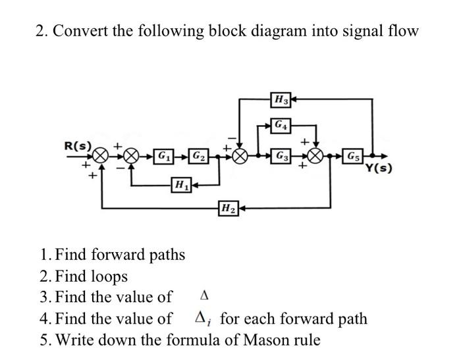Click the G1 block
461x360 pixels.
pyautogui.click(x=161, y=157)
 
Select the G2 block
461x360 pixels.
pyautogui.click(x=197, y=157)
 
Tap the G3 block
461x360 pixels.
pyautogui.click(x=282, y=157)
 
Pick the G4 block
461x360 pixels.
pyautogui.click(x=281, y=124)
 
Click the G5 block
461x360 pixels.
pyautogui.click(x=354, y=157)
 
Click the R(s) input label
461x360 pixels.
pyautogui.click(x=78, y=143)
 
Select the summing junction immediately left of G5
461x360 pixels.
pyautogui.click(x=317, y=157)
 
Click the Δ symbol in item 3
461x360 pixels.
pyautogui.click(x=203, y=297)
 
